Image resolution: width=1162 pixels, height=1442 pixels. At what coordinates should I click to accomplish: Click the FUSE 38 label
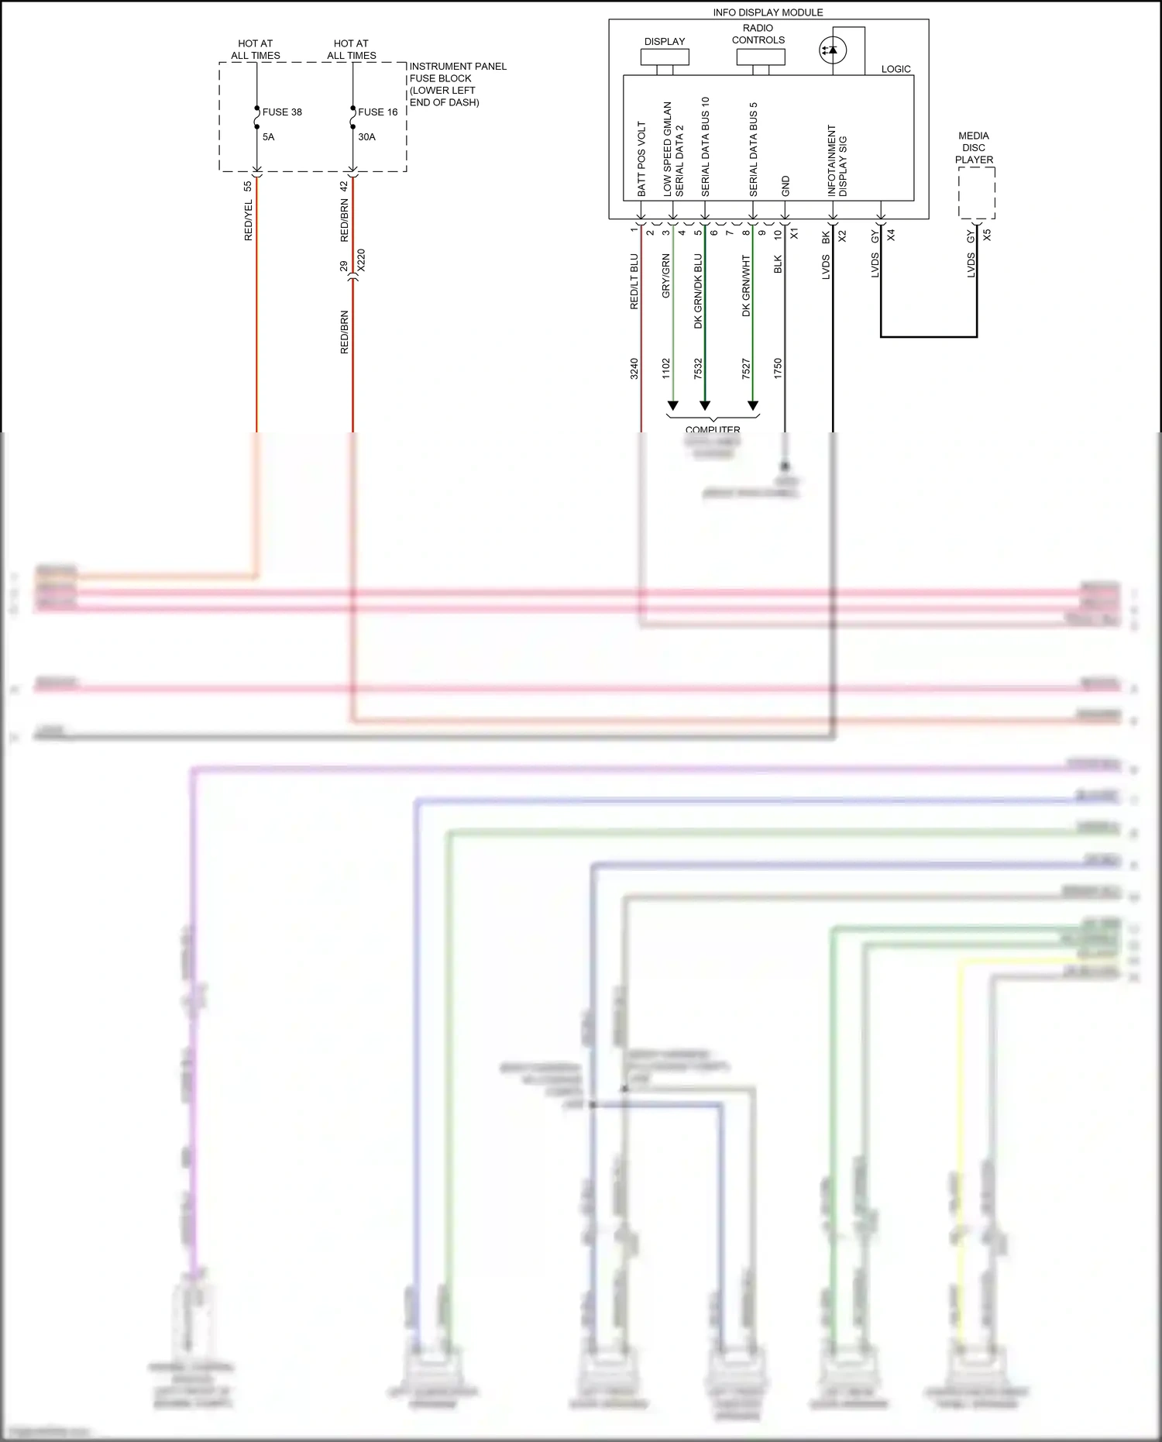click(282, 112)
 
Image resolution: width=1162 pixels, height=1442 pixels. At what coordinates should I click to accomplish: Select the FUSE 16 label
click(377, 112)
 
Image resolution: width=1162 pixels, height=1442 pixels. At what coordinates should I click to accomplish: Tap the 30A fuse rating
click(366, 137)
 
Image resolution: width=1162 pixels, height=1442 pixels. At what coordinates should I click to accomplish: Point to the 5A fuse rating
click(268, 137)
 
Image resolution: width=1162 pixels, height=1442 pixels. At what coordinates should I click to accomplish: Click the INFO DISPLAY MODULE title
click(768, 12)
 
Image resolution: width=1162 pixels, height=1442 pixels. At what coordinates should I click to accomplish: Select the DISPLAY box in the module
click(665, 57)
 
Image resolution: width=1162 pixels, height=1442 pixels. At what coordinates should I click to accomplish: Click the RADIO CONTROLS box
click(760, 57)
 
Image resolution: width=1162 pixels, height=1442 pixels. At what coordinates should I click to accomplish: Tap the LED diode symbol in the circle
click(833, 51)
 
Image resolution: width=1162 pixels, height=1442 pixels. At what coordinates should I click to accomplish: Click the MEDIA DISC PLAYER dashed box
click(976, 193)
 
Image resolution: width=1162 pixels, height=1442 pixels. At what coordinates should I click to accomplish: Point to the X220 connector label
click(361, 260)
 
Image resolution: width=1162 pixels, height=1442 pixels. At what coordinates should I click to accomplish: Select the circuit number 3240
click(634, 368)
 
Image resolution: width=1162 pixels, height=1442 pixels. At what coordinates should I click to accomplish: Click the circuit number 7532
click(698, 368)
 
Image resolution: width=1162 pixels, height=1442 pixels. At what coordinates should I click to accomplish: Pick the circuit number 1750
click(778, 368)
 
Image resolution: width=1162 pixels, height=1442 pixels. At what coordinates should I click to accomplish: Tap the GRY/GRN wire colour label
click(665, 276)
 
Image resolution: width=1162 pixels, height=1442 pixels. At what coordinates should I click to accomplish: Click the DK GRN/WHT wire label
click(746, 285)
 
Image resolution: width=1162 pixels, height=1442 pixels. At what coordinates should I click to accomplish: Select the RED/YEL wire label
click(249, 220)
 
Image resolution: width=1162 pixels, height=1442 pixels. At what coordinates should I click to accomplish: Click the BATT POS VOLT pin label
click(641, 158)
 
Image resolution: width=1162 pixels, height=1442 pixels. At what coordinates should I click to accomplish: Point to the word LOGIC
click(896, 69)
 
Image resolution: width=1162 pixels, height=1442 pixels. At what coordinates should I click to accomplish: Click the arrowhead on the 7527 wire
click(752, 405)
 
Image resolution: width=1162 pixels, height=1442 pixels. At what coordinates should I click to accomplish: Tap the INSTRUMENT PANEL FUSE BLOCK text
click(457, 84)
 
